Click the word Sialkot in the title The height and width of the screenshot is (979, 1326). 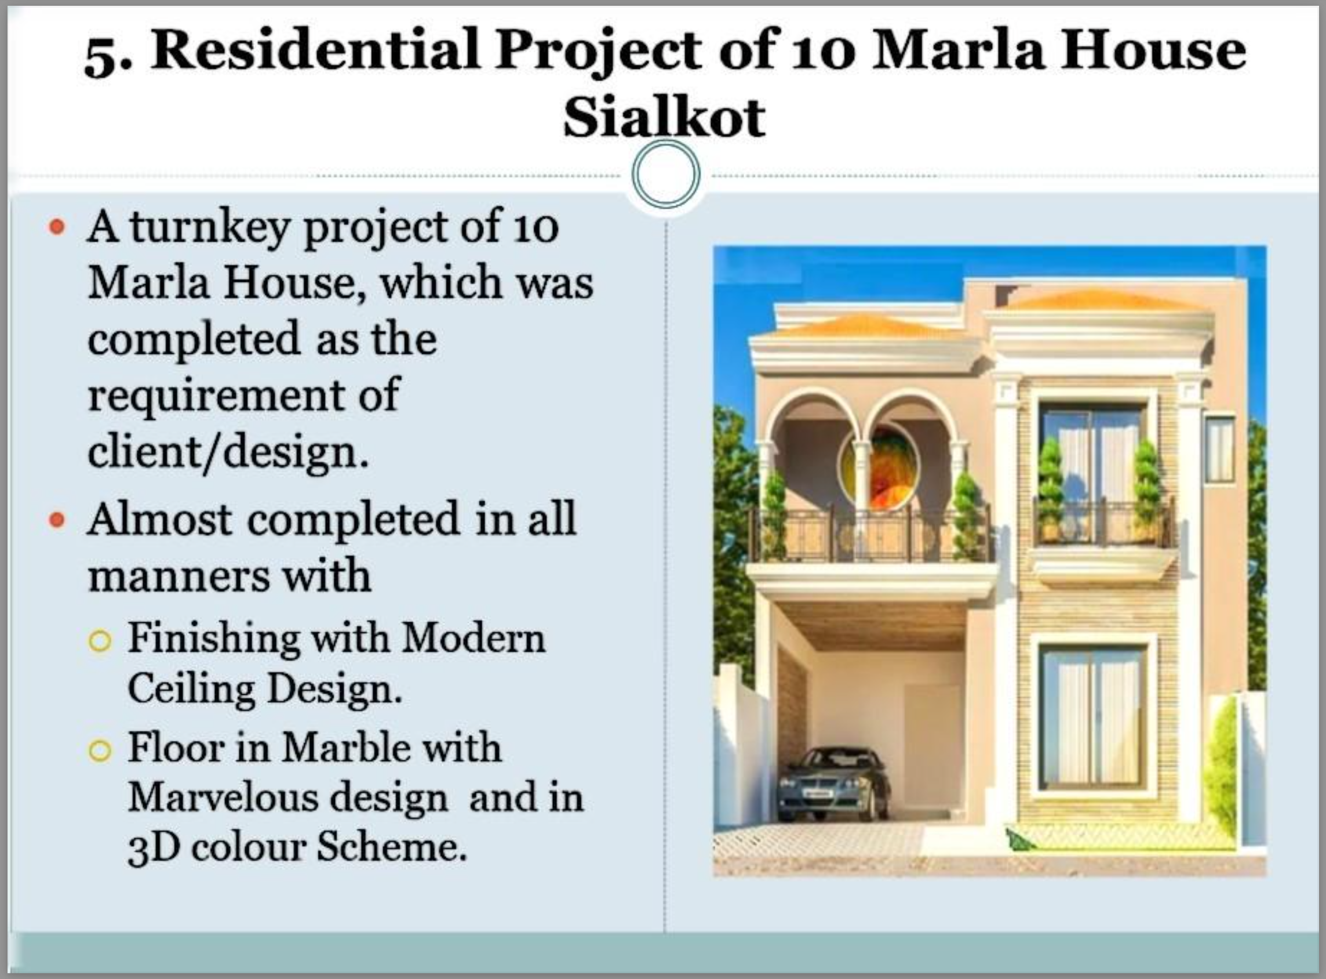664,117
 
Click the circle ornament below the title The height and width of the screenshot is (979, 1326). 666,175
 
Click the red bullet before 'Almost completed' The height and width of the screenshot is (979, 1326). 57,520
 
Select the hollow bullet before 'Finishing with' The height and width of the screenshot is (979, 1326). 100,641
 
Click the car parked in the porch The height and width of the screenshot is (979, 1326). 834,784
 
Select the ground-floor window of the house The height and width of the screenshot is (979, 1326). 1093,717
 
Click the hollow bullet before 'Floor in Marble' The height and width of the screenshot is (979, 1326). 100,751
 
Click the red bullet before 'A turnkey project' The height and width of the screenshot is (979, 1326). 57,227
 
